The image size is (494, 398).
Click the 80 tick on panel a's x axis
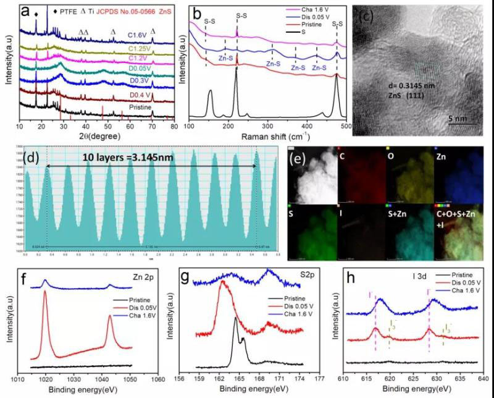coord(174,127)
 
